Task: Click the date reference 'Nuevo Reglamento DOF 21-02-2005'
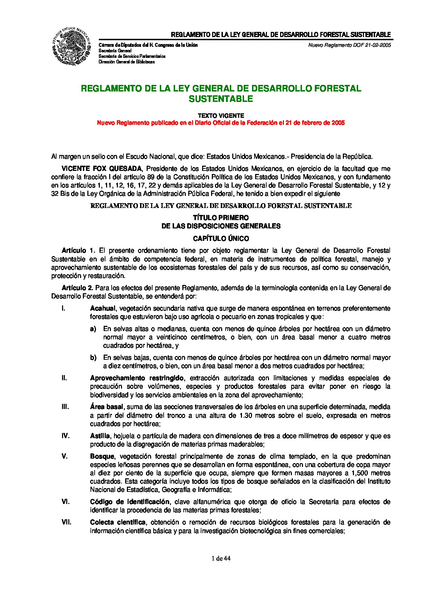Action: pos(349,45)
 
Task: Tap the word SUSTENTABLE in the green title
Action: pos(221,99)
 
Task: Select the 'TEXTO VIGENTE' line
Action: pos(221,116)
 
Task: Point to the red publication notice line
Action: pos(221,123)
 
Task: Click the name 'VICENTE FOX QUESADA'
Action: pos(102,169)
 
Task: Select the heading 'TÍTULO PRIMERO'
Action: pos(221,218)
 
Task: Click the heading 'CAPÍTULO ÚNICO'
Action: pos(221,239)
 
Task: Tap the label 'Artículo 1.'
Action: pos(78,251)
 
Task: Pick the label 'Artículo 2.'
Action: pos(78,288)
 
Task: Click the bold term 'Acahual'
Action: pos(103,308)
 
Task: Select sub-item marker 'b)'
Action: pos(93,358)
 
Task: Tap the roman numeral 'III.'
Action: pos(65,407)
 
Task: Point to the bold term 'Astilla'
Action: pos(100,436)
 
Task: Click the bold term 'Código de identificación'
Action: pos(130,502)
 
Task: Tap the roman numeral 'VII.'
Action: pos(66,522)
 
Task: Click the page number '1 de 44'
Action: pos(221,558)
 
